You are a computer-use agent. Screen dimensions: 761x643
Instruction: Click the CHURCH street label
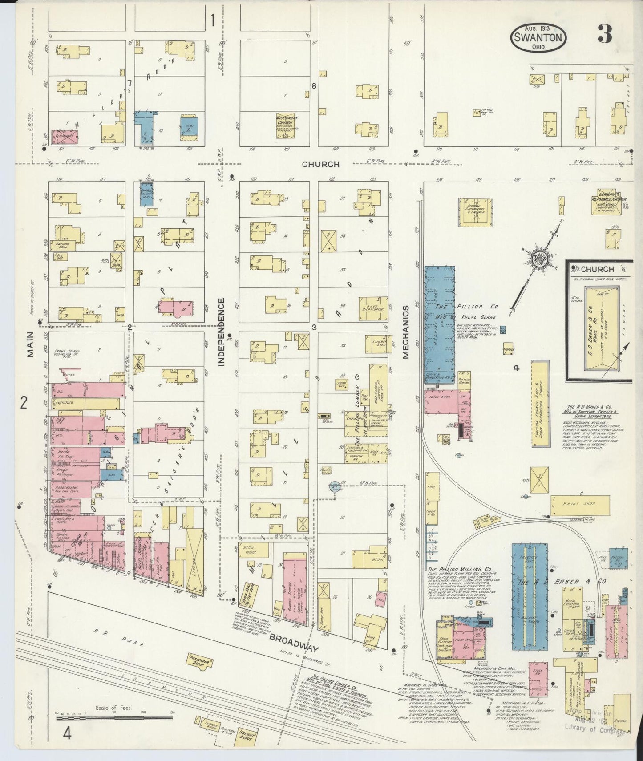320,164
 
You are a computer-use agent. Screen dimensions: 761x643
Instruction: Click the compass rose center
540,258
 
